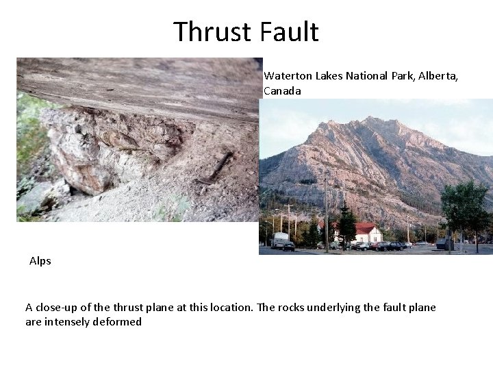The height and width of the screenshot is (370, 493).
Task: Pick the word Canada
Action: (282, 90)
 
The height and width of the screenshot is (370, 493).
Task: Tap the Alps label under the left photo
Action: (40, 261)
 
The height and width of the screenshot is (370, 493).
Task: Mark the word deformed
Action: (121, 321)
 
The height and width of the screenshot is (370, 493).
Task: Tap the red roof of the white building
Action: (364, 227)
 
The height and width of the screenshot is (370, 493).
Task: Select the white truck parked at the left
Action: (279, 240)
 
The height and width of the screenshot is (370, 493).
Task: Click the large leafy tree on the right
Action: (466, 206)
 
